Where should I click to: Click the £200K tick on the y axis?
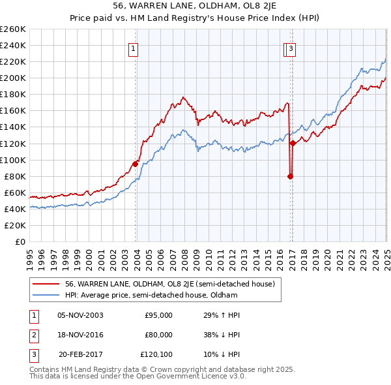pyautogui.click(x=14, y=78)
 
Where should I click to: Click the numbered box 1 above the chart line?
pyautogui.click(x=133, y=48)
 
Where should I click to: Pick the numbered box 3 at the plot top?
pyautogui.click(x=291, y=48)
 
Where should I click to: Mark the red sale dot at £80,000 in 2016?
pyautogui.click(x=291, y=176)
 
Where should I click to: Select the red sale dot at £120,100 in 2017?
pyautogui.click(x=293, y=143)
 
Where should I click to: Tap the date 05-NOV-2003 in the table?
pyautogui.click(x=80, y=315)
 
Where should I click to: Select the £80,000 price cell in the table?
pyautogui.click(x=158, y=335)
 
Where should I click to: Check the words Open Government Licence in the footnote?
pyautogui.click(x=190, y=377)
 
